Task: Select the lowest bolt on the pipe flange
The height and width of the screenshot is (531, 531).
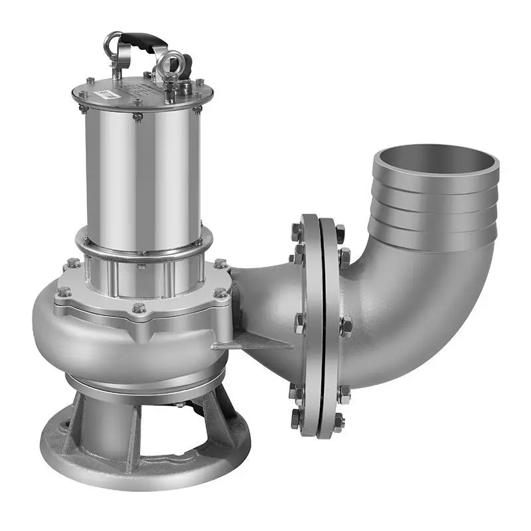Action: click(x=297, y=419)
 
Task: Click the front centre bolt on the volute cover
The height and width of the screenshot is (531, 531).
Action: click(x=138, y=308)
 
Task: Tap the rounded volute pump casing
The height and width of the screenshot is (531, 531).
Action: click(x=126, y=345)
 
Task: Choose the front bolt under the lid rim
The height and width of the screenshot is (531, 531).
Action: click(x=137, y=117)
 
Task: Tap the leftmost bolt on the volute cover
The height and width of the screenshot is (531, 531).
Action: click(x=64, y=291)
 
